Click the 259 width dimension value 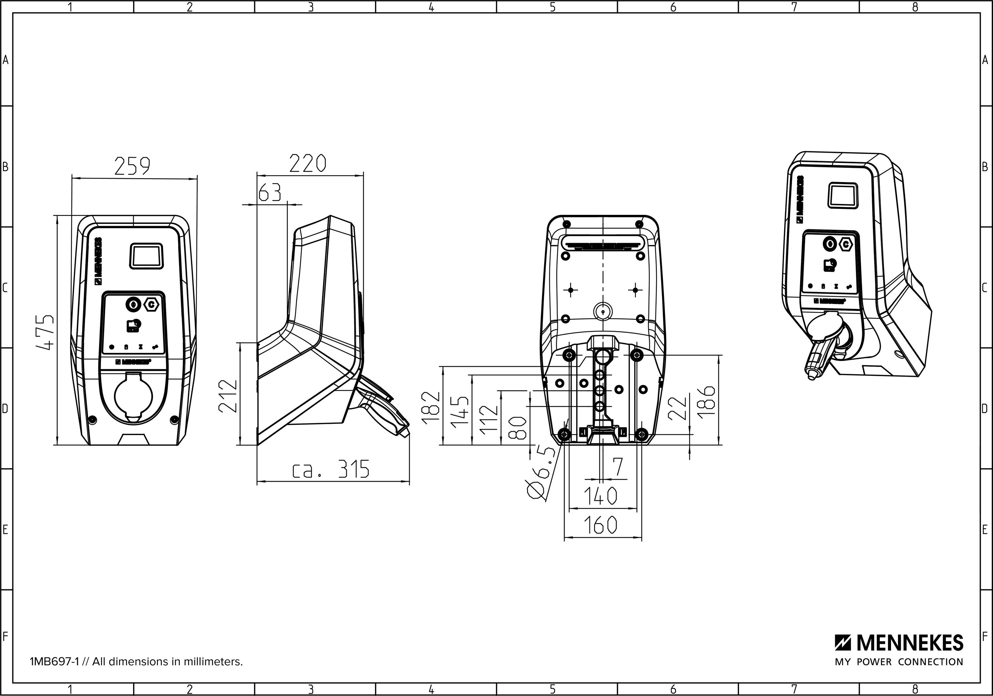click(x=132, y=166)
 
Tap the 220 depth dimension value click(x=307, y=164)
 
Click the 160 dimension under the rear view click(x=601, y=525)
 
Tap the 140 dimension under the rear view click(x=601, y=496)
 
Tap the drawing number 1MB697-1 click(x=54, y=662)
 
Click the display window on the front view click(x=147, y=256)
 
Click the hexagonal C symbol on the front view click(x=151, y=305)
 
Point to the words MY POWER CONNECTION click(x=899, y=662)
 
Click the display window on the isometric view click(x=842, y=196)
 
